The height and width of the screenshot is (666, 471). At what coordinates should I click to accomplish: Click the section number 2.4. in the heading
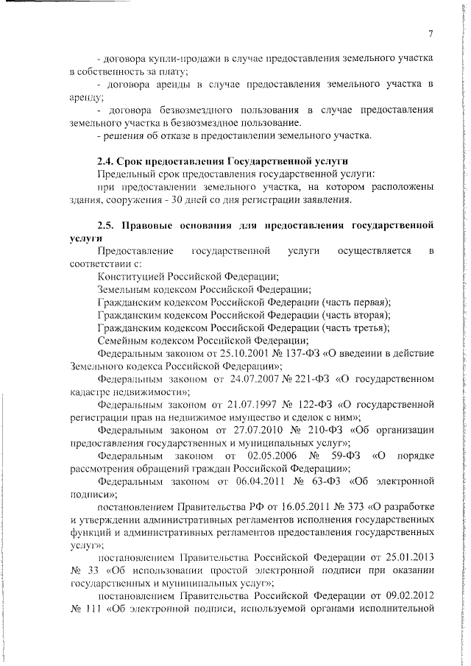pyautogui.click(x=107, y=160)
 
